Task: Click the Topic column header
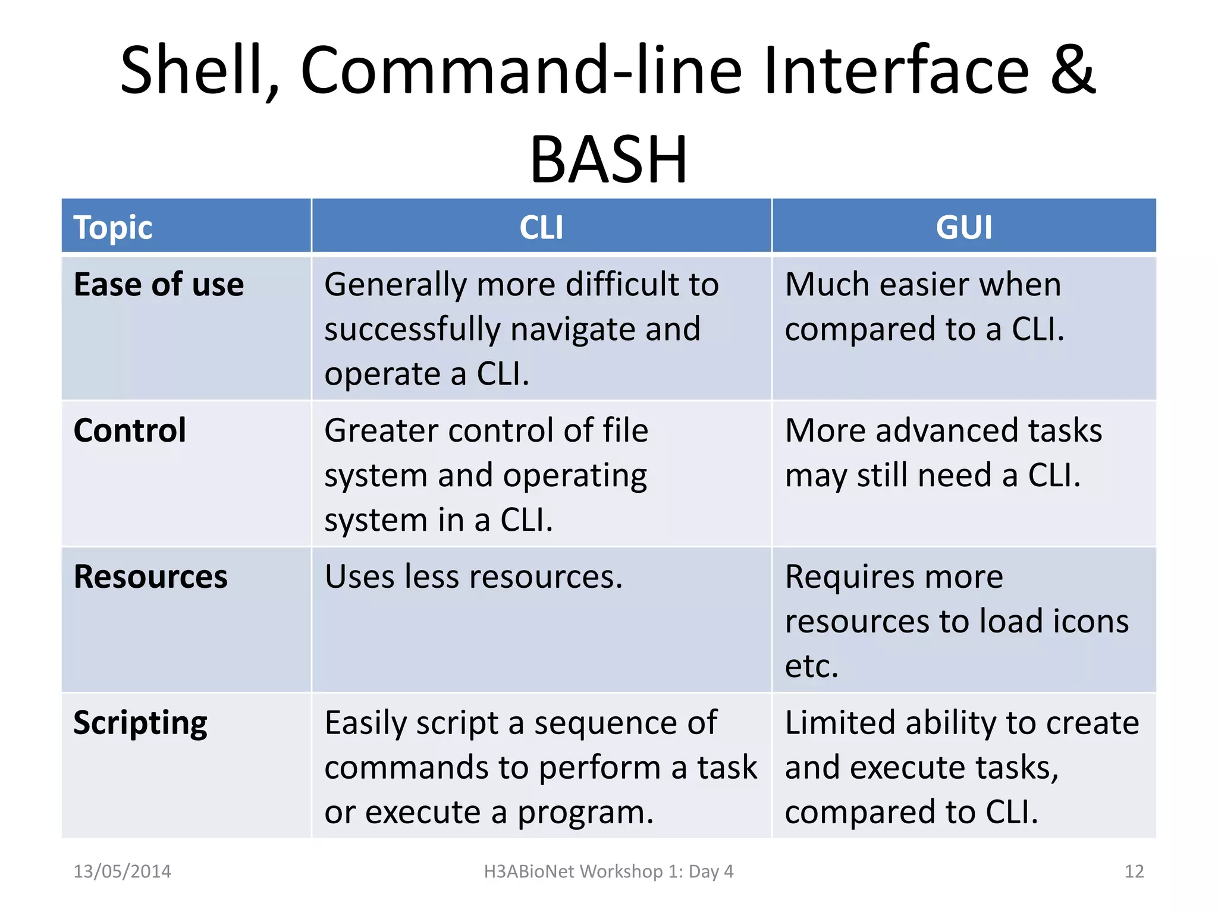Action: pos(113,228)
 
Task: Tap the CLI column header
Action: pos(541,228)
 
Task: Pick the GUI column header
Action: pos(963,228)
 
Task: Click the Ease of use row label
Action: pos(159,285)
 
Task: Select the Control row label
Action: pos(130,430)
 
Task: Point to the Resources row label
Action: pos(150,577)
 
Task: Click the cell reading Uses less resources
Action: pos(473,577)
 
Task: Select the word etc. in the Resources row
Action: pos(811,666)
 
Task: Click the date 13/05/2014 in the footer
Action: pos(122,871)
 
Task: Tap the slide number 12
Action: pos(1134,871)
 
